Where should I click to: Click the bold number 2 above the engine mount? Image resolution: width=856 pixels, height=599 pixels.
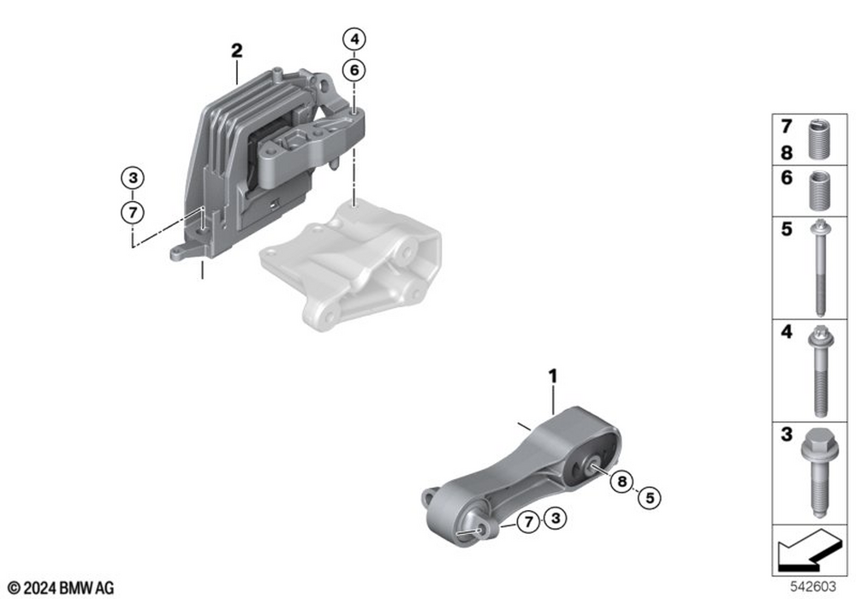click(x=236, y=50)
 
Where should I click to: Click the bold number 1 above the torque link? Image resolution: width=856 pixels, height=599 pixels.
click(x=553, y=376)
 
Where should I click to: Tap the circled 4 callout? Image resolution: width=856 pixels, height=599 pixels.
click(x=354, y=39)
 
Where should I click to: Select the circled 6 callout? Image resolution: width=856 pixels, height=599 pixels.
click(x=354, y=69)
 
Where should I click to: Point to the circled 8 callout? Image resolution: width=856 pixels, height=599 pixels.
click(x=622, y=483)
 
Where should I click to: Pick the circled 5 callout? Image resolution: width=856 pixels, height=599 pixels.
click(x=649, y=495)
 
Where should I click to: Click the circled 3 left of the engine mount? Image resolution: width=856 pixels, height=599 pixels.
click(x=132, y=179)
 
